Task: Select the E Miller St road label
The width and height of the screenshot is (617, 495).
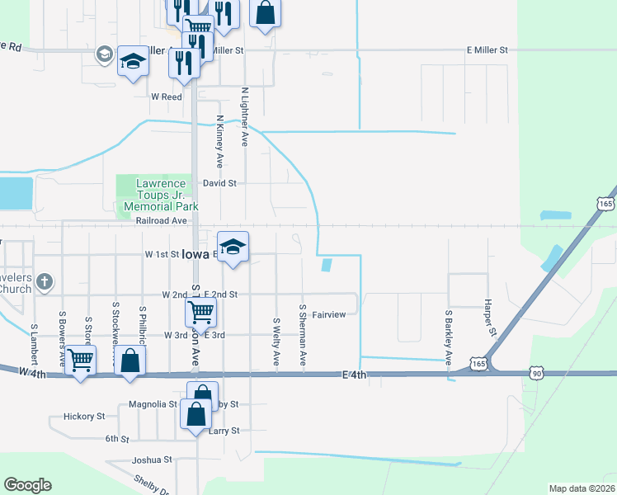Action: [487, 50]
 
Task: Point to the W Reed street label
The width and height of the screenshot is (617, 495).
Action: [166, 97]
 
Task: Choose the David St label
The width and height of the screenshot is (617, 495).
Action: [220, 183]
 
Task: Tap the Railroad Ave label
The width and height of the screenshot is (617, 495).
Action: [162, 221]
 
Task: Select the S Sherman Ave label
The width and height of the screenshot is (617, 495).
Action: [303, 337]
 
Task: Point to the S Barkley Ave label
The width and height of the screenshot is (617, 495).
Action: [449, 339]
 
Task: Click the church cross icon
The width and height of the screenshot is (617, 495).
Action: [45, 283]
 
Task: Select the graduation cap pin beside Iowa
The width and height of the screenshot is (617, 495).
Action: [233, 246]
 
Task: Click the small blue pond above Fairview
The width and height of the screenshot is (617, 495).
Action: [327, 265]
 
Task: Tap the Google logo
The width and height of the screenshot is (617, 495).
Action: [27, 485]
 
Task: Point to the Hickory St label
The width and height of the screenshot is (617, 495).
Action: [85, 417]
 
